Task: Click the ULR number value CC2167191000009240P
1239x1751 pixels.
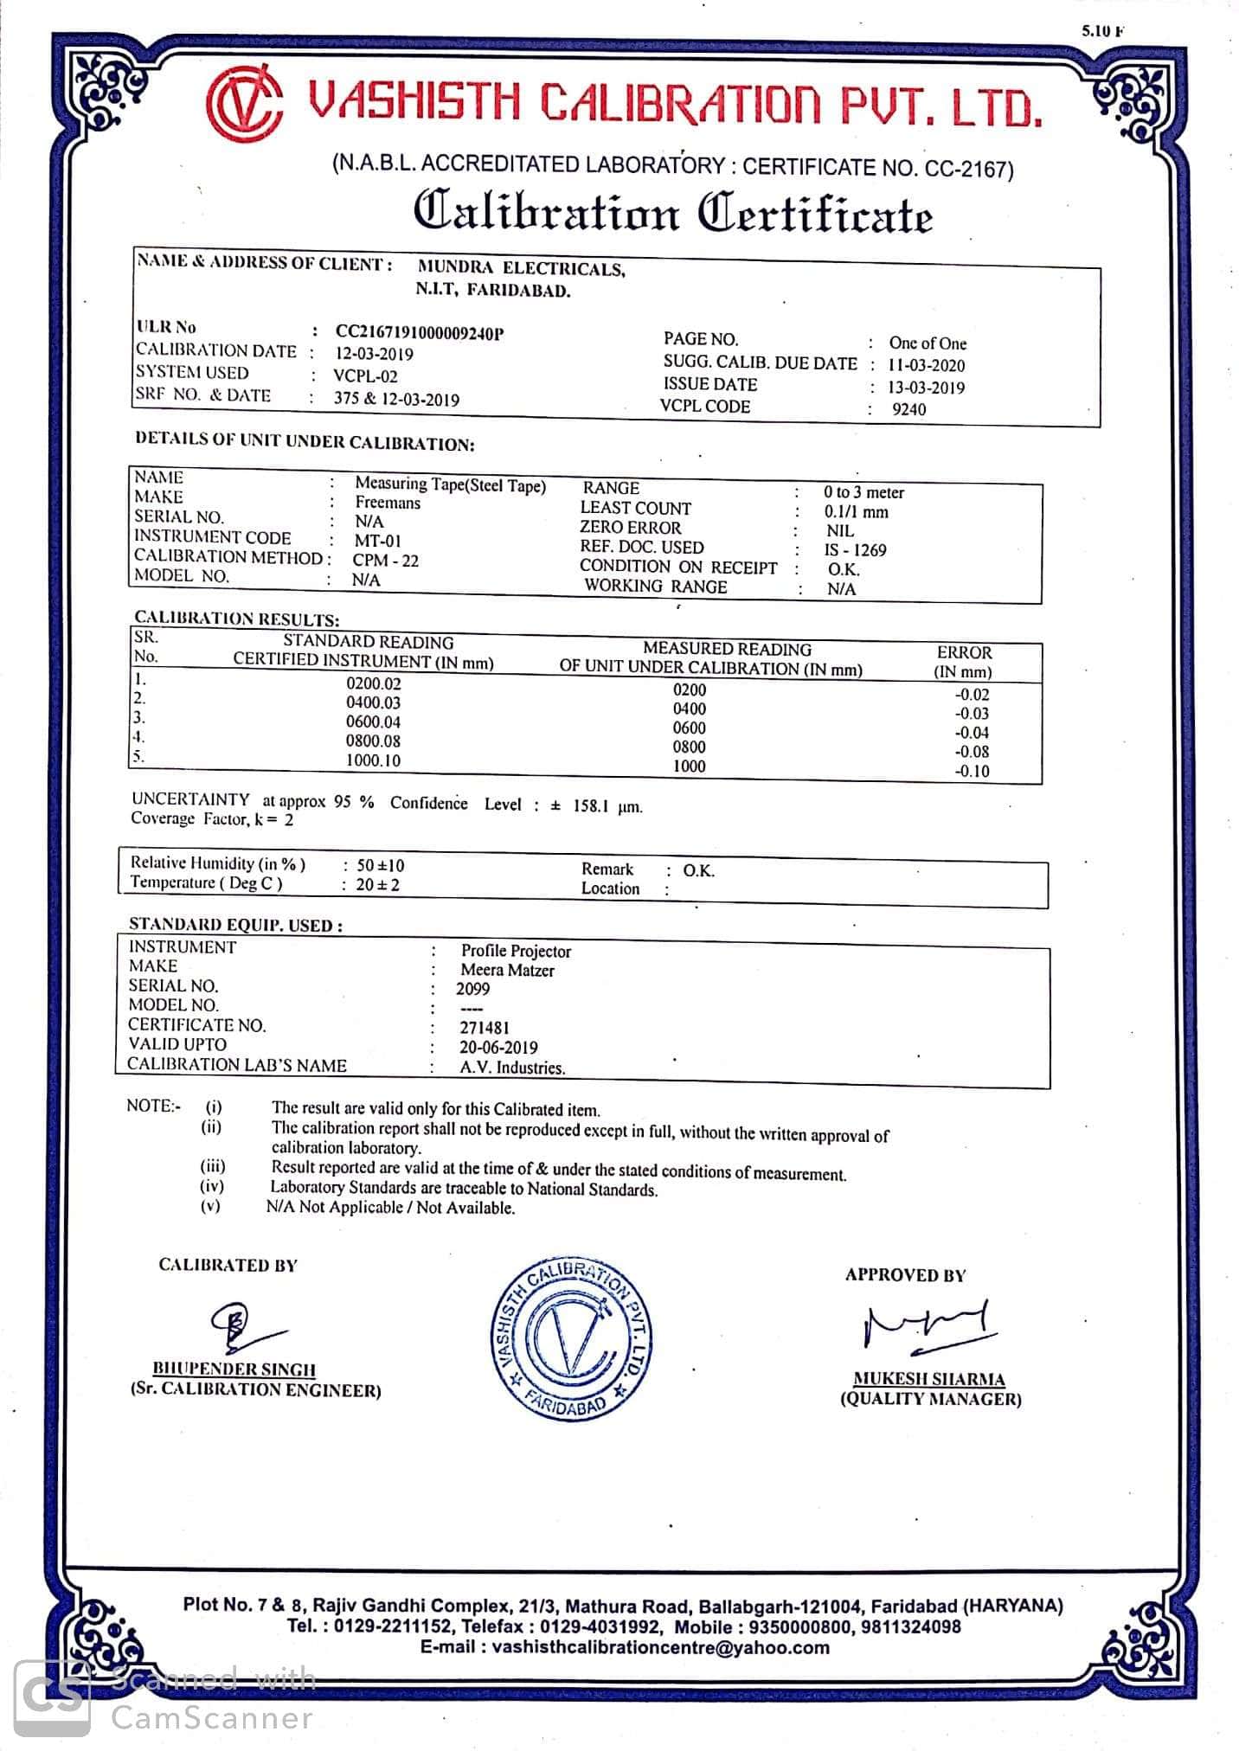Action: [419, 333]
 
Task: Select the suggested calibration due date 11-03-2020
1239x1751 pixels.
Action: [927, 365]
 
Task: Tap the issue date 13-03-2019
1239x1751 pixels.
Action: [926, 388]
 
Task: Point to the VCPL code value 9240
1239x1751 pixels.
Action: [908, 409]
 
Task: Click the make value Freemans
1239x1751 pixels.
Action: [388, 503]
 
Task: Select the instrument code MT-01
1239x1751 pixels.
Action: [378, 541]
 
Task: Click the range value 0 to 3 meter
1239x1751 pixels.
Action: [863, 492]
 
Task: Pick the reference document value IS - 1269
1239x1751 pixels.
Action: [855, 550]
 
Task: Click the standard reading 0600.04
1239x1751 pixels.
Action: [373, 722]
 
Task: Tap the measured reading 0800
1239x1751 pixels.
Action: [690, 747]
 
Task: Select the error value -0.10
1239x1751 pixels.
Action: [972, 771]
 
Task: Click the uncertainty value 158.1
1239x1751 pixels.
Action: [592, 806]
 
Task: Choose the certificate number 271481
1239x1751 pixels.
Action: [484, 1028]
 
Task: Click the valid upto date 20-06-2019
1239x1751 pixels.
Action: [498, 1048]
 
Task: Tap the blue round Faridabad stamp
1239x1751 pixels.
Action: [571, 1340]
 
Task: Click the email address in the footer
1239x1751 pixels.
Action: [625, 1647]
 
